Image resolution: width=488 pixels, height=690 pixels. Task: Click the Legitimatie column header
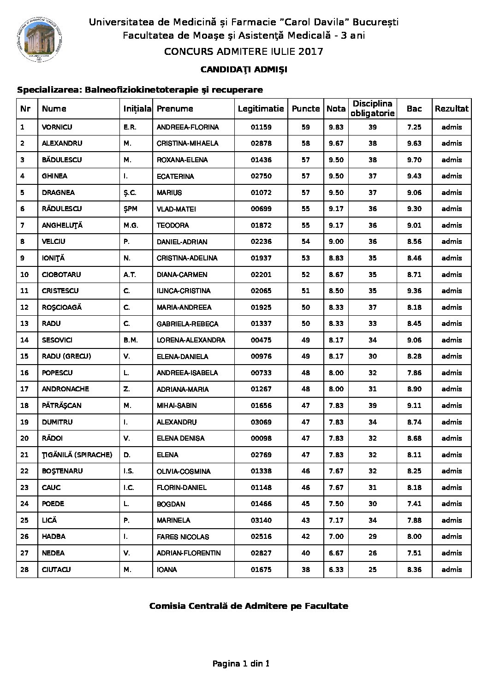coord(261,109)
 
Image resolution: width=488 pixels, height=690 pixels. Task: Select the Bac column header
coord(414,109)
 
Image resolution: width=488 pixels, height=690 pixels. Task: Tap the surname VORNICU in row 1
coord(57,127)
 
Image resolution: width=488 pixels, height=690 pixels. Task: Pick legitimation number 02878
coord(261,143)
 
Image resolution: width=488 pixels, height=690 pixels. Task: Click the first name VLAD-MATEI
coord(176,209)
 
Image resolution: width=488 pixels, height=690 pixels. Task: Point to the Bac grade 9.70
coord(414,160)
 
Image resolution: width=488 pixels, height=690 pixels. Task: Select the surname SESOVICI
coord(57,340)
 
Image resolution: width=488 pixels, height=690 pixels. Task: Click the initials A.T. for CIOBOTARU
coord(130,275)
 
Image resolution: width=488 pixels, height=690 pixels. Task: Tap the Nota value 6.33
coord(336,570)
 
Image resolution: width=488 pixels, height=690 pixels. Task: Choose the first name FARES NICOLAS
coord(183,537)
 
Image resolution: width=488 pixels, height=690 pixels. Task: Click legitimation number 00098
coord(261,438)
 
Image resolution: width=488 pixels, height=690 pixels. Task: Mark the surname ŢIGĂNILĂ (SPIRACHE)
coord(77,455)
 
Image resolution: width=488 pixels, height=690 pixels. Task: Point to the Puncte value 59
coord(305,127)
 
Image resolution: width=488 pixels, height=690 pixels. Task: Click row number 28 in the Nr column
coord(25,570)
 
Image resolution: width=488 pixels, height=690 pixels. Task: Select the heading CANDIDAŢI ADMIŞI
coord(244,70)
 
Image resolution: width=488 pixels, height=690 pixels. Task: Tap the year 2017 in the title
coord(310,51)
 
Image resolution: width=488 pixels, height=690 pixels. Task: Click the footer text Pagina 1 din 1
coord(241,664)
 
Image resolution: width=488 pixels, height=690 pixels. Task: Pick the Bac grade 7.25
coord(414,127)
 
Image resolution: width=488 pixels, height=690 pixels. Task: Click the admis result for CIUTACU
coord(452,570)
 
